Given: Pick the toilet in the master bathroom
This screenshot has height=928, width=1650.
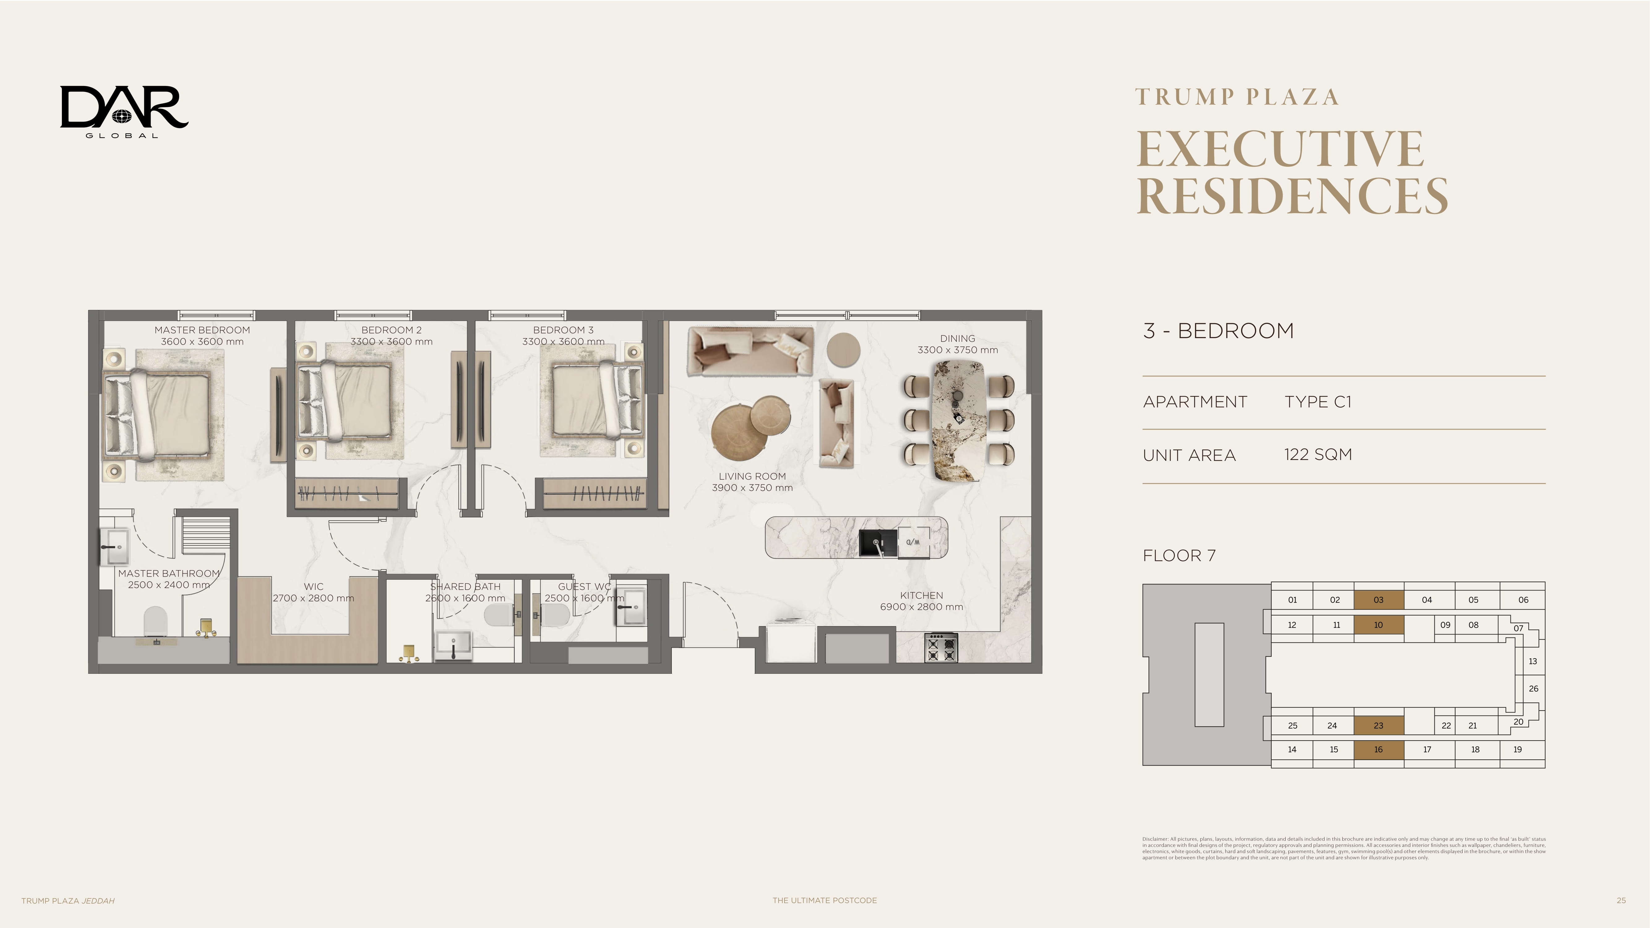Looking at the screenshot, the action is point(156,621).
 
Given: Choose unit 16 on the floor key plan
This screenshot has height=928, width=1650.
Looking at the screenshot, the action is point(1378,749).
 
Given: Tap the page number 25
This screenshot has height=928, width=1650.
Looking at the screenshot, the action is point(1621,900).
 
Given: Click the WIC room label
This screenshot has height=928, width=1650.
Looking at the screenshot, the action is point(314,586).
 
